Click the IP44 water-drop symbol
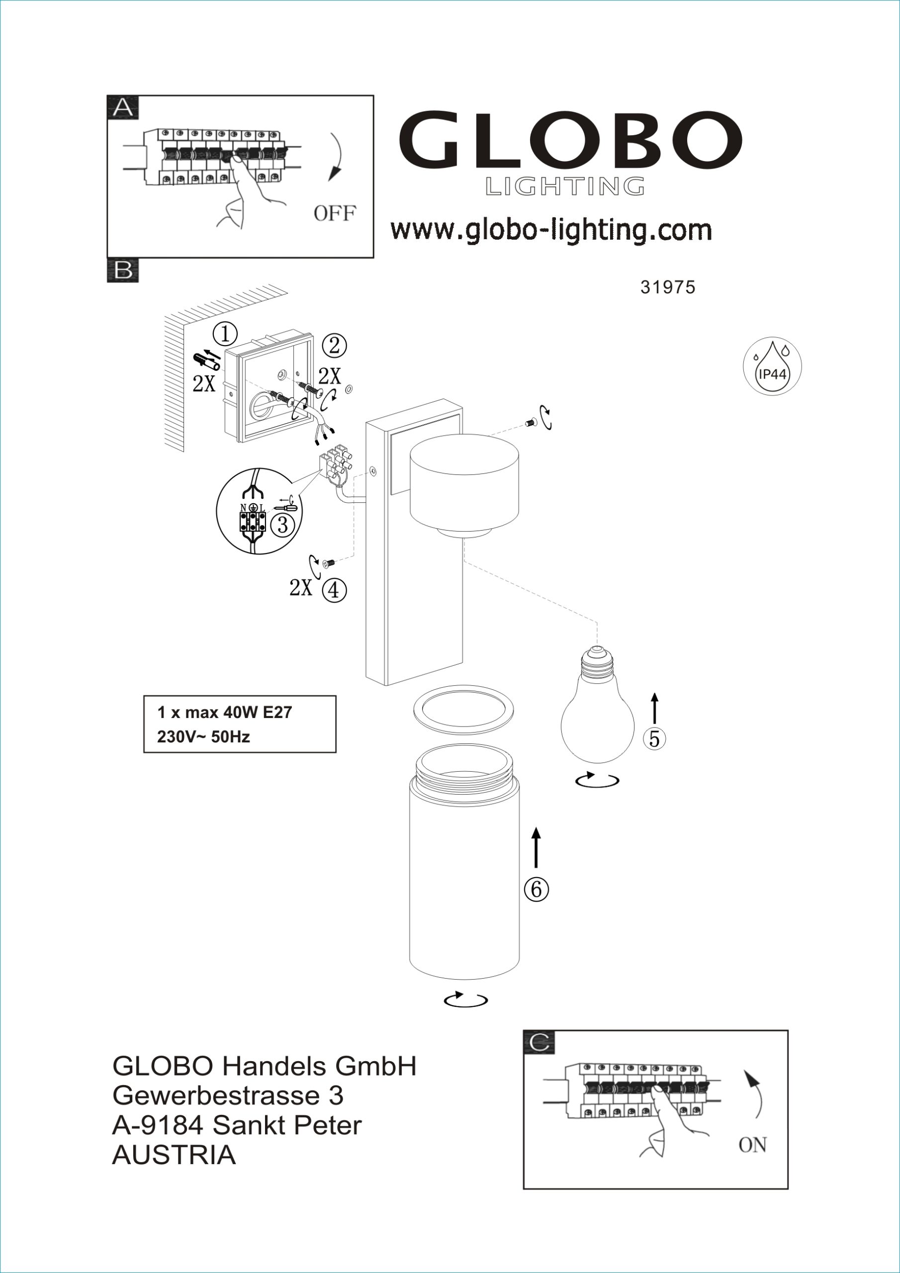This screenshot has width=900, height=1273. click(x=772, y=366)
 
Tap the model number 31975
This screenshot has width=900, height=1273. click(x=668, y=287)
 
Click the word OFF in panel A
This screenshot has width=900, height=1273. click(x=334, y=213)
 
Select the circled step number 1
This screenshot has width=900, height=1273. click(x=225, y=334)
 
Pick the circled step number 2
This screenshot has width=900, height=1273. click(x=334, y=346)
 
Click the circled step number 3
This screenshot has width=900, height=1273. click(x=282, y=524)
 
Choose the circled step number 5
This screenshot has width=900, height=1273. click(x=654, y=739)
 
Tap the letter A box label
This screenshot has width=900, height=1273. click(x=123, y=107)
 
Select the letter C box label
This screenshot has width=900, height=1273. click(x=539, y=1043)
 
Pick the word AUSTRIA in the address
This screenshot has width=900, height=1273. click(x=174, y=1156)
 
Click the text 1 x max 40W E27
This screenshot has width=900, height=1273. click(x=225, y=713)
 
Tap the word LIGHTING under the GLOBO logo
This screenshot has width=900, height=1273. click(x=565, y=187)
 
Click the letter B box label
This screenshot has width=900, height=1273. click(x=123, y=271)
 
